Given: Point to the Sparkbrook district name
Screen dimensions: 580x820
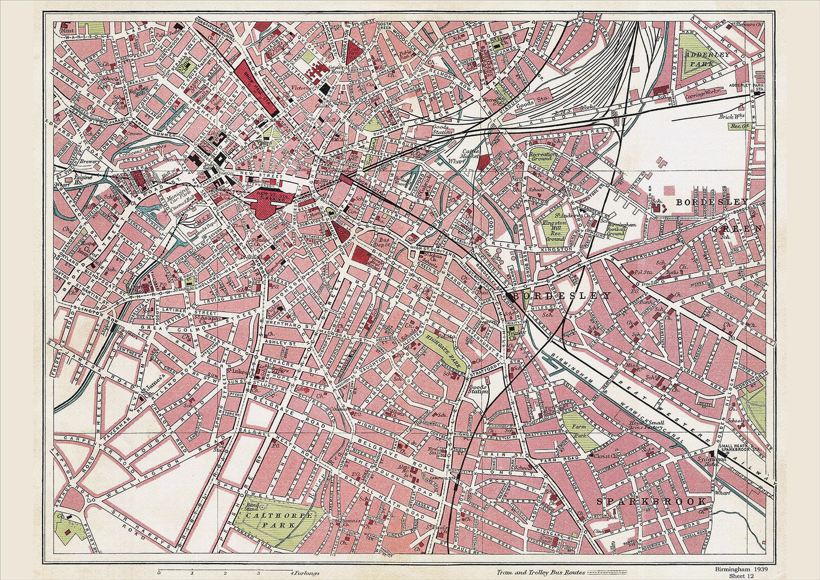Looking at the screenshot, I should (652, 502).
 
